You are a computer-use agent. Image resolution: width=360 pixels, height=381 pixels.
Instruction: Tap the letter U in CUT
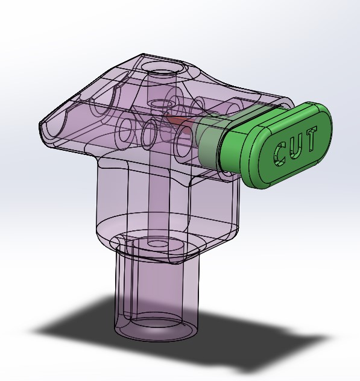tap(295, 145)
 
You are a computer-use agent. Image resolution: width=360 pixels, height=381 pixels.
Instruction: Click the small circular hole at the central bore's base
tap(159, 245)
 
